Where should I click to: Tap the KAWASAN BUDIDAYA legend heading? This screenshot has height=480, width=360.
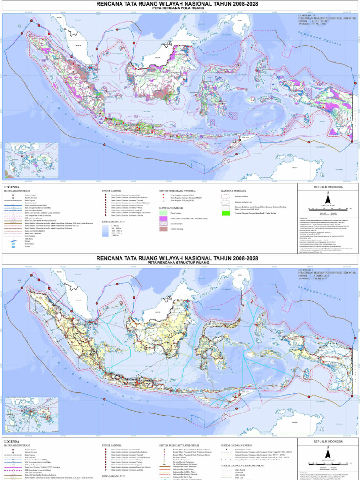coord(234,191)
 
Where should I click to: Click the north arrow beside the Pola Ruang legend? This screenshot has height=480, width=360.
coord(328,199)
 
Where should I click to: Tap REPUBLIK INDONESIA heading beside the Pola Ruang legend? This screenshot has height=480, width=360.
coord(328,187)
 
